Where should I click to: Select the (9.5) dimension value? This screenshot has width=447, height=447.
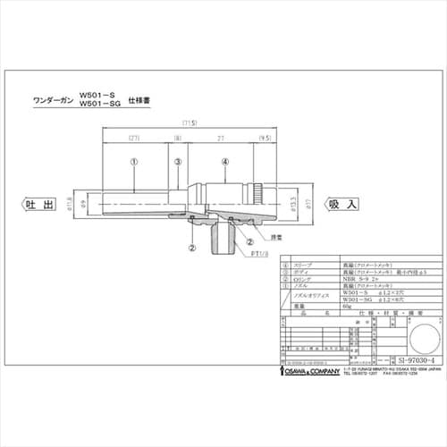265,139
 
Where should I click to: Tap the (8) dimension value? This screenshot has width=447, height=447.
178,139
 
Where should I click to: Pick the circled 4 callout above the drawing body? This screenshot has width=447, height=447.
225,162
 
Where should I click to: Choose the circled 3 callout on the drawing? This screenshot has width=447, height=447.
178,162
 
